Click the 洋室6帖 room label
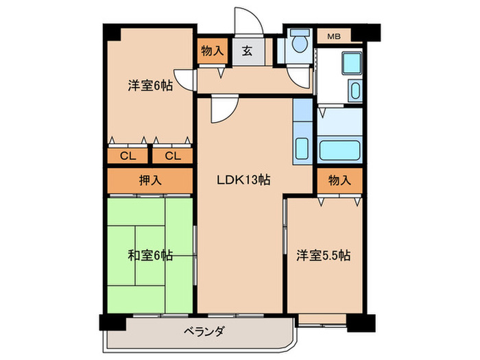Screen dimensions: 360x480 tap(149, 86)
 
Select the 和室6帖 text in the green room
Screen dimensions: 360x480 tap(150, 256)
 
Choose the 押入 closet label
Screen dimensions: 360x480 tap(150, 181)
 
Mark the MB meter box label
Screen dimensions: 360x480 tap(333, 36)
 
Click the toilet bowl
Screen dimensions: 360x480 tap(299, 44)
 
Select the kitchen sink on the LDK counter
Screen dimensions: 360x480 tap(302, 149)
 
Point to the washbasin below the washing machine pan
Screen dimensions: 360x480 tap(355, 91)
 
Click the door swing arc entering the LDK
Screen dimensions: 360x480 tap(223, 108)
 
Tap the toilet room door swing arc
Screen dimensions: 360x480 tap(299, 77)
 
